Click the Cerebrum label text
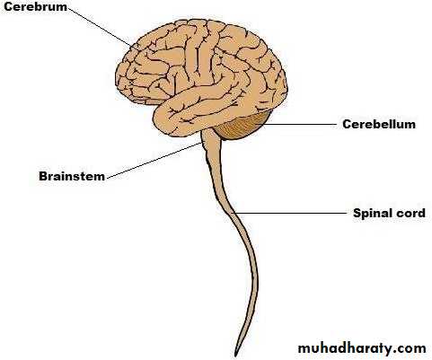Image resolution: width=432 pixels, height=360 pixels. [x=35, y=6]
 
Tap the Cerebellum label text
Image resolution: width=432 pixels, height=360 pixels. [x=379, y=124]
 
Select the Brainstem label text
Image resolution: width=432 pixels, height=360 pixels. [x=72, y=176]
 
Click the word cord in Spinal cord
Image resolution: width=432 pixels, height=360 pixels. [x=410, y=214]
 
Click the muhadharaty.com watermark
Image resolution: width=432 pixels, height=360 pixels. [x=362, y=348]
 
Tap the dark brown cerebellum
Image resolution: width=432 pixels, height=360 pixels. [x=242, y=126]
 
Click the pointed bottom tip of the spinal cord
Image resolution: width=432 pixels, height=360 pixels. [x=236, y=356]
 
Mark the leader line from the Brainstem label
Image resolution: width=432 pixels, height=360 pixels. [x=154, y=161]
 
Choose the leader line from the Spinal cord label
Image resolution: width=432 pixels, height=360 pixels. [x=290, y=214]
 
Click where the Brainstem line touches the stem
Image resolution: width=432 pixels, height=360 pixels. [x=202, y=143]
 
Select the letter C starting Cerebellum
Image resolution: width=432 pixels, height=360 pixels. [x=347, y=124]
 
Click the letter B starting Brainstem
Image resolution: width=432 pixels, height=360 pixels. [x=43, y=176]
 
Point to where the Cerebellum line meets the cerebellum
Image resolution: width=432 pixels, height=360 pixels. [x=265, y=124]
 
